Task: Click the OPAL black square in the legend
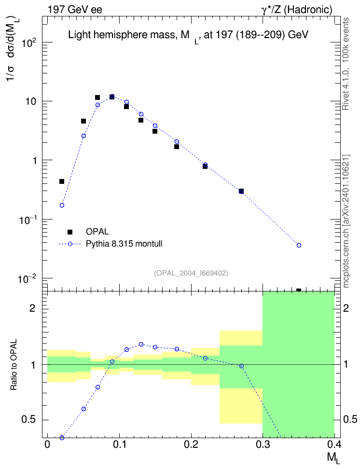pyautogui.click(x=70, y=232)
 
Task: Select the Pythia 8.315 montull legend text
pyautogui.click(x=124, y=244)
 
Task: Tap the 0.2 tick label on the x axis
pyautogui.click(x=191, y=444)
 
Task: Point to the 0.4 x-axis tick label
pyautogui.click(x=334, y=444)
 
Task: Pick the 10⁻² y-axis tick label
pyautogui.click(x=27, y=279)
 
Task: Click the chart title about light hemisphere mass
pyautogui.click(x=188, y=36)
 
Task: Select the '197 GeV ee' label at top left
pyautogui.click(x=75, y=10)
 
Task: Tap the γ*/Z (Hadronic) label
pyautogui.click(x=297, y=10)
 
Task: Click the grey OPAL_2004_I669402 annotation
pyautogui.click(x=191, y=273)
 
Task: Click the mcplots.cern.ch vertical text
pyautogui.click(x=346, y=221)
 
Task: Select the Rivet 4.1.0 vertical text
pyautogui.click(x=346, y=64)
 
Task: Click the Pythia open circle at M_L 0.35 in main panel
pyautogui.click(x=299, y=245)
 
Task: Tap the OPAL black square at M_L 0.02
pyautogui.click(x=62, y=181)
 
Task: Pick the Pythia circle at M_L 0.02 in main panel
pyautogui.click(x=62, y=205)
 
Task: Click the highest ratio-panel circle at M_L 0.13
pyautogui.click(x=141, y=345)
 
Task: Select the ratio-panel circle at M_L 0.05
pyautogui.click(x=83, y=409)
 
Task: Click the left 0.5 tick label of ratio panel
pyautogui.click(x=28, y=420)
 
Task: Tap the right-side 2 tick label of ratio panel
pyautogui.click(x=346, y=308)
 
